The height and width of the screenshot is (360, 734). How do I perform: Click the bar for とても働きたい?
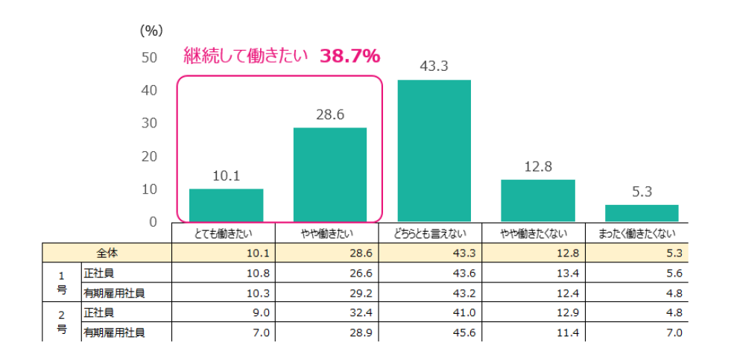pyautogui.click(x=226, y=205)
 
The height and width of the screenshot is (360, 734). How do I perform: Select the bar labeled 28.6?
pyautogui.click(x=329, y=174)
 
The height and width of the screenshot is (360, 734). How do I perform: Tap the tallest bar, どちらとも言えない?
pyautogui.click(x=434, y=151)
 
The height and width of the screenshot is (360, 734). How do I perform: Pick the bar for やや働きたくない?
pyautogui.click(x=537, y=200)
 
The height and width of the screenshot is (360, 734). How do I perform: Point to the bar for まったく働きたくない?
pyautogui.click(x=642, y=213)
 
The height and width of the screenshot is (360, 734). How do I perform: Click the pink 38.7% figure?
pyautogui.click(x=350, y=56)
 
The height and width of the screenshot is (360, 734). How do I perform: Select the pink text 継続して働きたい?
pyautogui.click(x=246, y=56)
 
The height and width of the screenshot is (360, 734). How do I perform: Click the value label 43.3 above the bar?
pyautogui.click(x=434, y=66)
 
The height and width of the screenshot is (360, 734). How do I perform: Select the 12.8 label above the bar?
pyautogui.click(x=537, y=167)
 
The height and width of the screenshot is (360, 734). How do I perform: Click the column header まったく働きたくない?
pyautogui.click(x=642, y=234)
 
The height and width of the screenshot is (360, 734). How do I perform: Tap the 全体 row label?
pyautogui.click(x=107, y=253)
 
